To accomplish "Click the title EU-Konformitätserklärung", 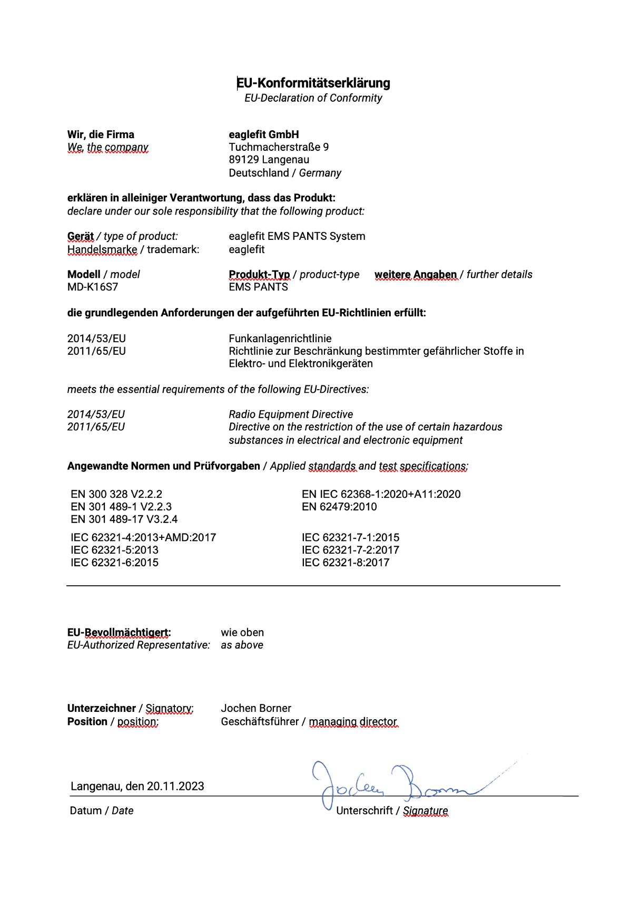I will pos(313,83).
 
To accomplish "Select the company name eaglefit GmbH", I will pos(263,134).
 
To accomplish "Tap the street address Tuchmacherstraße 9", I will pos(278,147).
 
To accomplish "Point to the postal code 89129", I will pos(244,160).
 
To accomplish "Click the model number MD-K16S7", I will pos(93,287).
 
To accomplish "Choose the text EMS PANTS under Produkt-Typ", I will pos(258,287).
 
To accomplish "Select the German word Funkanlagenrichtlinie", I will pos(280,339).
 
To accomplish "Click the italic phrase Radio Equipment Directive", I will pos(290,414).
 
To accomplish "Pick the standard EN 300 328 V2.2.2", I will pos(116,494).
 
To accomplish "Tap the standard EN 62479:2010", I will pos(339,507).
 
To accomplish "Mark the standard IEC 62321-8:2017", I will pos(345,563).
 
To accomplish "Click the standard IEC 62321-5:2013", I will pos(114,550).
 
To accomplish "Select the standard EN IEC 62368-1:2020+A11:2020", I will pos(381,494).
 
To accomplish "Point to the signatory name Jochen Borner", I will pos(256,708).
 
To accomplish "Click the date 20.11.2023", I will pos(175,786).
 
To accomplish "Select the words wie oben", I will pos(242,632).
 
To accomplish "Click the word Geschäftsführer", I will pos(260,721).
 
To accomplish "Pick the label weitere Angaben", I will pos(416,275).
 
